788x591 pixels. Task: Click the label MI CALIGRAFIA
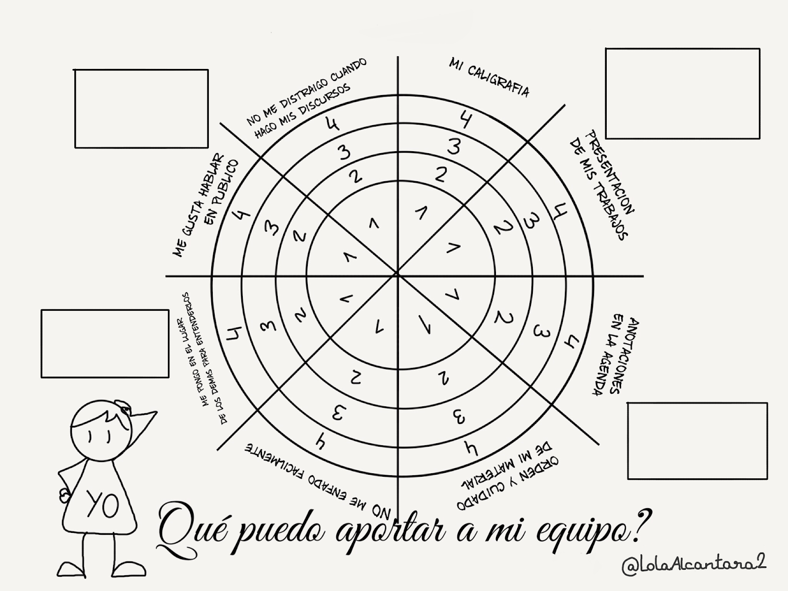click(x=489, y=78)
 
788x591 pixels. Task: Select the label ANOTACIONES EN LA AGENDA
click(x=609, y=355)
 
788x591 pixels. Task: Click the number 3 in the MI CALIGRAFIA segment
click(x=454, y=146)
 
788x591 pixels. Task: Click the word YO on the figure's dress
click(x=102, y=503)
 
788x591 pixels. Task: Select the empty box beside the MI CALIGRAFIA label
click(x=683, y=94)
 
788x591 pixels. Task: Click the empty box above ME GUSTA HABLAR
click(x=141, y=109)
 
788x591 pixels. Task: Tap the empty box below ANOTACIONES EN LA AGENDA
click(x=697, y=441)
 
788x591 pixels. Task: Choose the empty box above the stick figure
click(x=105, y=344)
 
